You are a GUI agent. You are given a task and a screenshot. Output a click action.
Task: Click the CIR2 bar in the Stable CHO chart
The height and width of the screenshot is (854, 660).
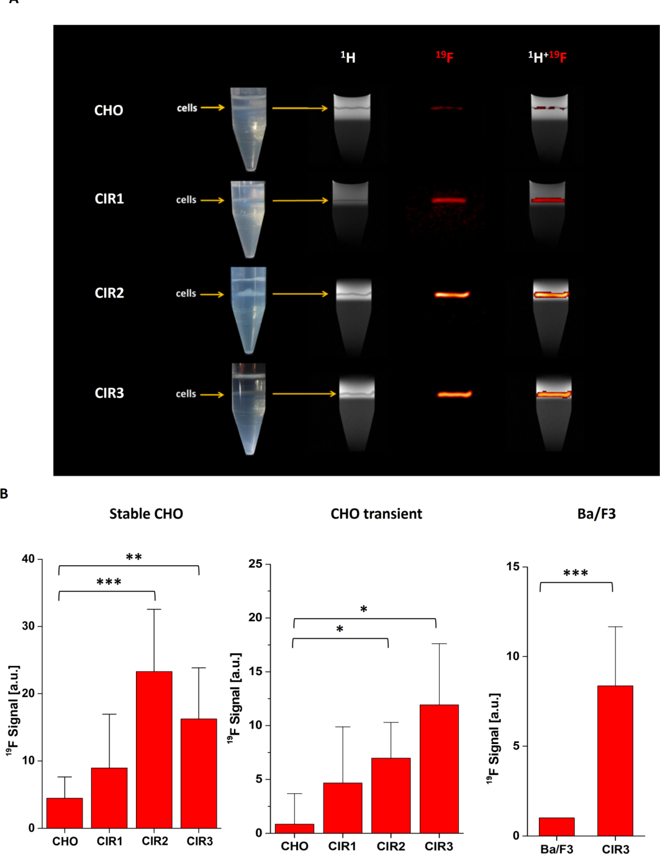[154, 750]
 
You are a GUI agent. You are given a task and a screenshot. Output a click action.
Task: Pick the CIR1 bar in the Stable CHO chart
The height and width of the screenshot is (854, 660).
[109, 798]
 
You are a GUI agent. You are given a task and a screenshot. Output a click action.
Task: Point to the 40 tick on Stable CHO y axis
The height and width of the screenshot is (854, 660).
[29, 559]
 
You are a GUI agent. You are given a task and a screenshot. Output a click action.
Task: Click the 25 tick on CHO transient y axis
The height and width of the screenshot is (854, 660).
[257, 565]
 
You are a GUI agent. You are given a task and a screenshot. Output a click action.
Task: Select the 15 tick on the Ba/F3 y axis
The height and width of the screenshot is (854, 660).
[513, 567]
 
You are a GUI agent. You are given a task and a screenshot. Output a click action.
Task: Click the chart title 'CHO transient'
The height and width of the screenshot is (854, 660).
[376, 514]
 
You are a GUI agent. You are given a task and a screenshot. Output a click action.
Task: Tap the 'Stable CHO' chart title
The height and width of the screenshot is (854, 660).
[146, 514]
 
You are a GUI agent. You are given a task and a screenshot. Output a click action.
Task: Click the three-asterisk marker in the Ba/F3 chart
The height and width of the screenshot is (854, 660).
[576, 573]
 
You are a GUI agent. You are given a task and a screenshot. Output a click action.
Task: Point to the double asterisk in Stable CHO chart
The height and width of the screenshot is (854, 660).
[133, 557]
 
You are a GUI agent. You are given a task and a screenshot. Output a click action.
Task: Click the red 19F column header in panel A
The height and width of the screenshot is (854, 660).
[445, 57]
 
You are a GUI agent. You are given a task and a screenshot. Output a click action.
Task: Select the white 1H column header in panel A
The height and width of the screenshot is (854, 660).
[348, 57]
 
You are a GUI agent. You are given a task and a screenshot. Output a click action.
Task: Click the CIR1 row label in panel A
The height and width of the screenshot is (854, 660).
[109, 199]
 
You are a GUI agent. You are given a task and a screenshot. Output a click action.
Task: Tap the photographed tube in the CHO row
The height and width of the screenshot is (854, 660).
[248, 129]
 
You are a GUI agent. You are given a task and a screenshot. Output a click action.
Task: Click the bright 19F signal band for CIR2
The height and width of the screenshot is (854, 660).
[452, 294]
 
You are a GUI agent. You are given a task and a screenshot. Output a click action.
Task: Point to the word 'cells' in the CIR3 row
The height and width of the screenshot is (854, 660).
[186, 394]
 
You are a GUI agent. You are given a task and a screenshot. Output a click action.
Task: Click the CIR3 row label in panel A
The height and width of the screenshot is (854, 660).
[109, 393]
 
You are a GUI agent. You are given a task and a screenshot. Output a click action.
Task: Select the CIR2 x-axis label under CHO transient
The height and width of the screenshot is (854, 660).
[391, 846]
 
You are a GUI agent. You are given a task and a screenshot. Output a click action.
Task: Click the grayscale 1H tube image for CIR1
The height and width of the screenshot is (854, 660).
[350, 214]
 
